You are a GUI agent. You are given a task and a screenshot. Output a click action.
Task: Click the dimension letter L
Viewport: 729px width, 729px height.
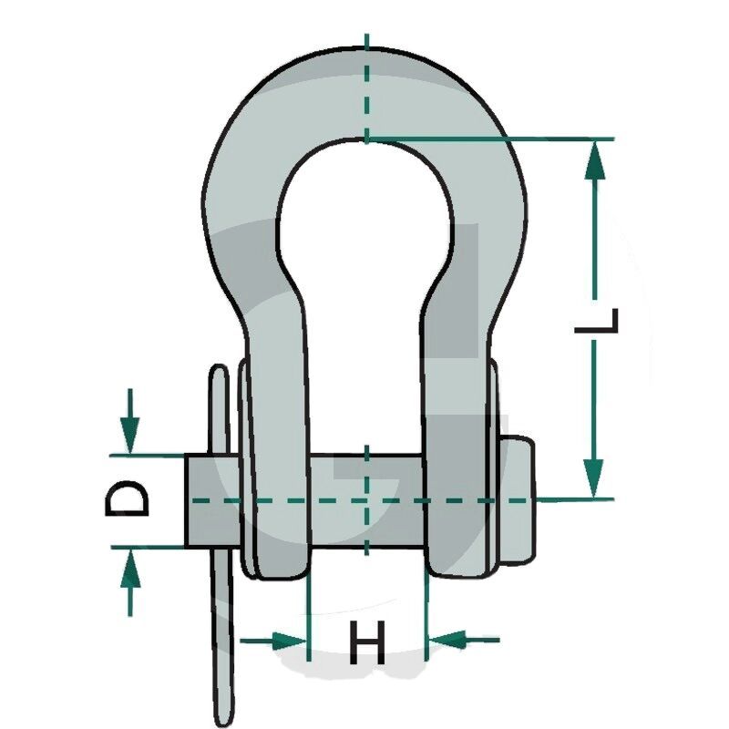(597, 321)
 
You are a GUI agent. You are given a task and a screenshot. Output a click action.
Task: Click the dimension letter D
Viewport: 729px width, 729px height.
(127, 498)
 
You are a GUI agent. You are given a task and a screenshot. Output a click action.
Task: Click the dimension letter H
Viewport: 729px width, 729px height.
(367, 642)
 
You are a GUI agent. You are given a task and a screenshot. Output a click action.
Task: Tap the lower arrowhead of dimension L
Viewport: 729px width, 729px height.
(594, 479)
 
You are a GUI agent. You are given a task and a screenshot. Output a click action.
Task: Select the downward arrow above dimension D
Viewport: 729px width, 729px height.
(129, 420)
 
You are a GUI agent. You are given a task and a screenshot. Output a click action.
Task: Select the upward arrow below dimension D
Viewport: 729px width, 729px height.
(130, 582)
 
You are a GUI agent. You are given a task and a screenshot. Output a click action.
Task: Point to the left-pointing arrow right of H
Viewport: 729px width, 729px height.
(463, 640)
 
